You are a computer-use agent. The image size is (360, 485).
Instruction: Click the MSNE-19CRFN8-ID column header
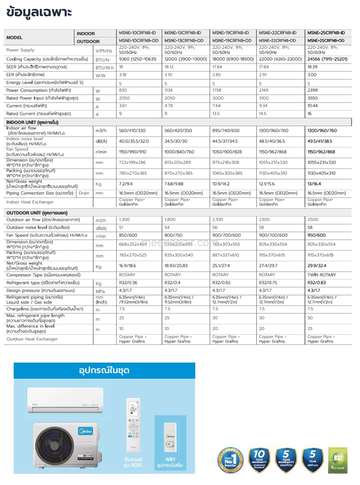pos(231,33)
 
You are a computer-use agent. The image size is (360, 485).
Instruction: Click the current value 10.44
pos(312,106)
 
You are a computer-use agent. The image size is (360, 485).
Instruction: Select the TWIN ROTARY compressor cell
pos(321,275)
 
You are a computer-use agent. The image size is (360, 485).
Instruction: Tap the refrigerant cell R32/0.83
pos(317,283)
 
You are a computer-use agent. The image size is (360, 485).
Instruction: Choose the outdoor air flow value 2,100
pos(218,220)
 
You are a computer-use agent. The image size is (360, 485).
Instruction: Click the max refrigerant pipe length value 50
pos(310,317)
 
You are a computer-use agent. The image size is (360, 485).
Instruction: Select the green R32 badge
pos(338,460)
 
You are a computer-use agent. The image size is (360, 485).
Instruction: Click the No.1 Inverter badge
pos(231,460)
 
